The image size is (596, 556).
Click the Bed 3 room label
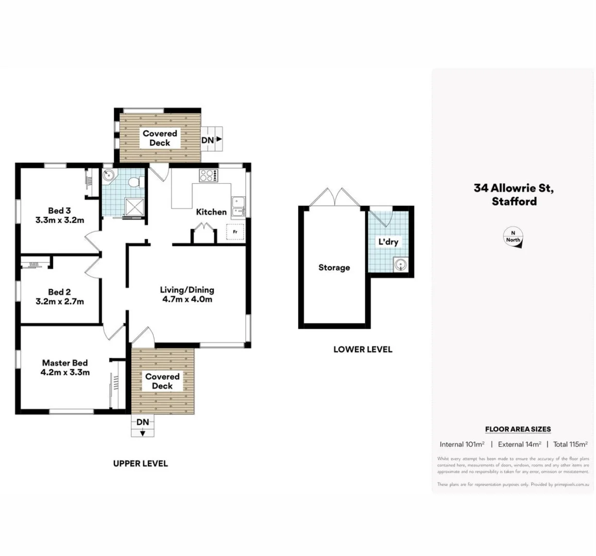[x=59, y=211]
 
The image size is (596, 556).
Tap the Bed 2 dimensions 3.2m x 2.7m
[x=59, y=302]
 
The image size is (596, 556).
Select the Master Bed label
[x=65, y=363]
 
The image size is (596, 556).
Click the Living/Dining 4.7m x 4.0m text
[x=186, y=294]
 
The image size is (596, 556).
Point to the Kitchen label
[x=211, y=212]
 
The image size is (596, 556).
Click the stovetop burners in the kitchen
[x=208, y=176]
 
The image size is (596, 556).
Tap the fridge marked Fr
[x=235, y=232]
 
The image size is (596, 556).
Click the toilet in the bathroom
[x=135, y=182]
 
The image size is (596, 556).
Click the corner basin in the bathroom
[x=108, y=176]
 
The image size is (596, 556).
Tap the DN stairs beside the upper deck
[x=211, y=140]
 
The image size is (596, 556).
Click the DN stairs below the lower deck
[x=143, y=426]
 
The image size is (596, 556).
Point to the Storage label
[x=334, y=268]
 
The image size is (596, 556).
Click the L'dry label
[x=388, y=242]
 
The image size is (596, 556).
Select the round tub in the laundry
[x=400, y=266]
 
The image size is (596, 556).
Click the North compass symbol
[x=513, y=238]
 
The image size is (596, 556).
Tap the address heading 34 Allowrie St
[x=514, y=188]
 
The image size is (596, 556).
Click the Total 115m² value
[x=570, y=444]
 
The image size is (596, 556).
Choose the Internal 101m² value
[x=462, y=444]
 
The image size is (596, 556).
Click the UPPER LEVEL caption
[x=141, y=464]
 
